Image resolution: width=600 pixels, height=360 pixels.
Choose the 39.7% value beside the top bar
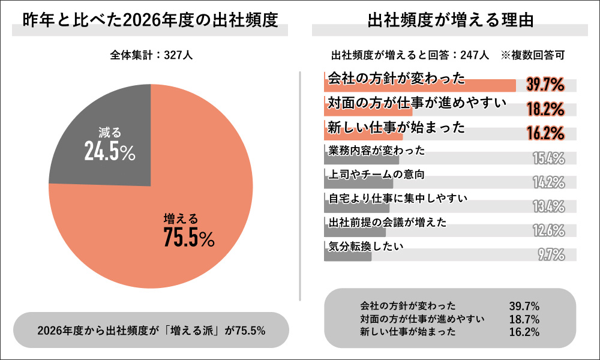click(545, 85)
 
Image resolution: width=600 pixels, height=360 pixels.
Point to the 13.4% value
click(548, 206)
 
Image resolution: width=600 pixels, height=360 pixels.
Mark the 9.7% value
click(551, 254)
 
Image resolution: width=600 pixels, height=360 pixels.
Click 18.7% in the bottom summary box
click(524, 319)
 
